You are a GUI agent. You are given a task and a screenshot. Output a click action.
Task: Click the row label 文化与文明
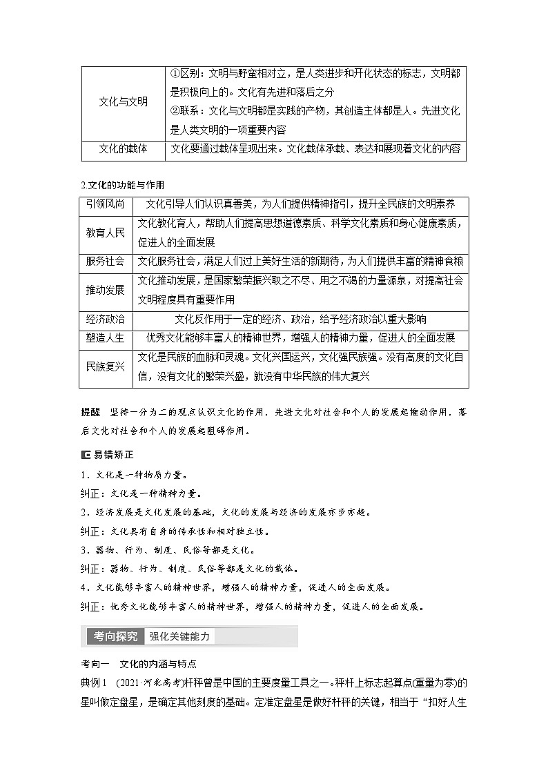coord(123,101)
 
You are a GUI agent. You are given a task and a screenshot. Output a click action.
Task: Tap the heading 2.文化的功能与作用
coord(123,184)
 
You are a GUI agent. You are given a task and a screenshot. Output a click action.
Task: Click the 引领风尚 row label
coord(106,204)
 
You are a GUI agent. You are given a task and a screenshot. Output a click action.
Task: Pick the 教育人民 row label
coord(106,233)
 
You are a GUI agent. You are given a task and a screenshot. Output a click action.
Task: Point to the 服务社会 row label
coord(106,261)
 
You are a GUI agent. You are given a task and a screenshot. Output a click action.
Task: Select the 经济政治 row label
coord(106,319)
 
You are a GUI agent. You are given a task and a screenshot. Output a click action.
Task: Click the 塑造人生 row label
coord(106,338)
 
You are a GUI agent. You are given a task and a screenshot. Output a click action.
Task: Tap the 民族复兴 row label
coord(106,366)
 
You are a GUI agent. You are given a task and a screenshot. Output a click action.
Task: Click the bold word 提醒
coord(90,413)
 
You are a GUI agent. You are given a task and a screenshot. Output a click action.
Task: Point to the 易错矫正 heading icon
coord(86,455)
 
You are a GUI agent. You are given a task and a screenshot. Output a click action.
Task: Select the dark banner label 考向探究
coord(112,636)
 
